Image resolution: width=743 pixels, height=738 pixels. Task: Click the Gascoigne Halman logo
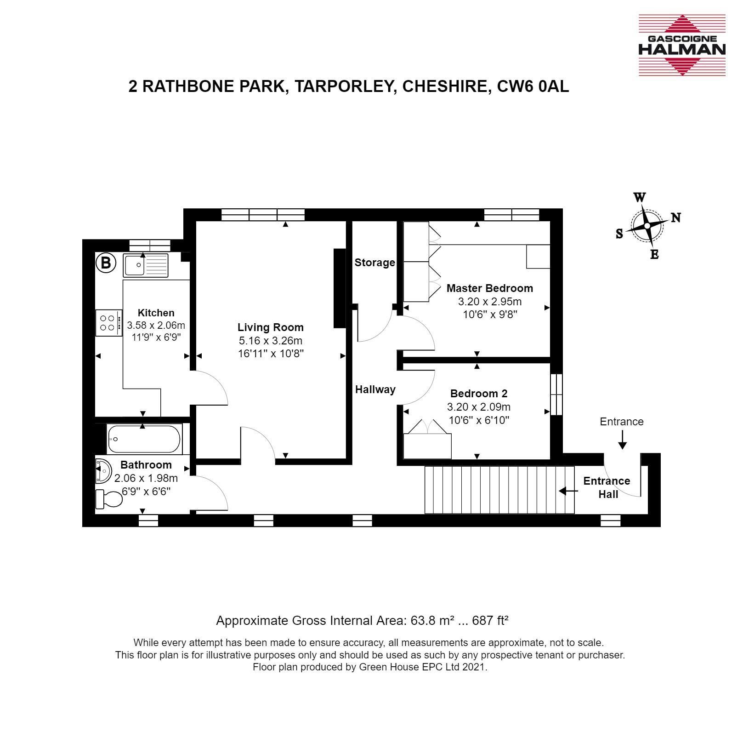pyautogui.click(x=682, y=45)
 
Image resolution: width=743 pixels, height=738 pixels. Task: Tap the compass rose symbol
pyautogui.click(x=647, y=226)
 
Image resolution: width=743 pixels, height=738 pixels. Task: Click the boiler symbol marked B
pyautogui.click(x=106, y=263)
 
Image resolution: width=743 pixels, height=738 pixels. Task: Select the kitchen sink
pyautogui.click(x=146, y=265)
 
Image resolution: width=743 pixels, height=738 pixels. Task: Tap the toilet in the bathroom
pyautogui.click(x=108, y=499)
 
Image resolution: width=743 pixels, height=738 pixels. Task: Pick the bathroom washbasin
pyautogui.click(x=103, y=471)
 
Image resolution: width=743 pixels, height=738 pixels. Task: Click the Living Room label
pyautogui.click(x=271, y=327)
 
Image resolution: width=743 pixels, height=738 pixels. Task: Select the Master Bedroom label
pyautogui.click(x=490, y=288)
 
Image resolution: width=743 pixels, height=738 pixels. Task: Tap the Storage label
pyautogui.click(x=375, y=263)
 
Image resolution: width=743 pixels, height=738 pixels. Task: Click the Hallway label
pyautogui.click(x=375, y=389)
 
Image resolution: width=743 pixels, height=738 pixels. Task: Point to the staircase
pyautogui.click(x=500, y=490)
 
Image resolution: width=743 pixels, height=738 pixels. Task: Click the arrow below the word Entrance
pyautogui.click(x=622, y=439)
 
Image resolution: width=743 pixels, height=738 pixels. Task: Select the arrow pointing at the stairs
pyautogui.click(x=568, y=491)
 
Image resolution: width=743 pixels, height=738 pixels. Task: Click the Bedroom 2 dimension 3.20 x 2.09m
pyautogui.click(x=479, y=407)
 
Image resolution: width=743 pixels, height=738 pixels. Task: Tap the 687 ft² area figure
pyautogui.click(x=490, y=621)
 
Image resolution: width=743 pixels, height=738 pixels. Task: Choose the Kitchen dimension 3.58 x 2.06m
pyautogui.click(x=156, y=325)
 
